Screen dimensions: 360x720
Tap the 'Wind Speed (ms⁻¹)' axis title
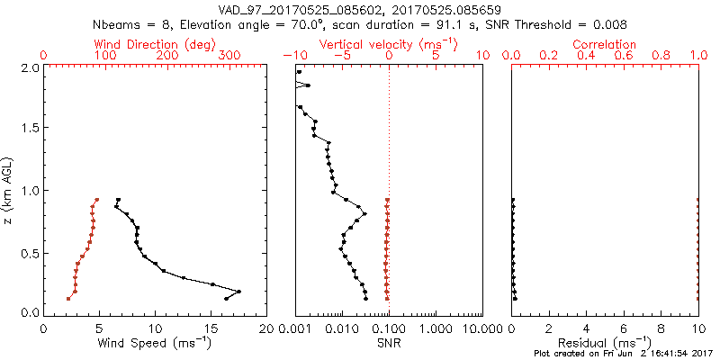point(155,342)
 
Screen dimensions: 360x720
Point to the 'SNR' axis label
point(389,342)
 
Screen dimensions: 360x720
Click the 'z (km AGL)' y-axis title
point(9,190)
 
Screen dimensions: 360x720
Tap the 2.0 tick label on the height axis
point(29,67)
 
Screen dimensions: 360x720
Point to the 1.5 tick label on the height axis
point(29,129)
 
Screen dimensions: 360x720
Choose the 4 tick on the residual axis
point(586,327)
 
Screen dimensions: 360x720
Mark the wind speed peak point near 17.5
point(238,292)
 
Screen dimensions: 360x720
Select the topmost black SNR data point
point(299,72)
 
